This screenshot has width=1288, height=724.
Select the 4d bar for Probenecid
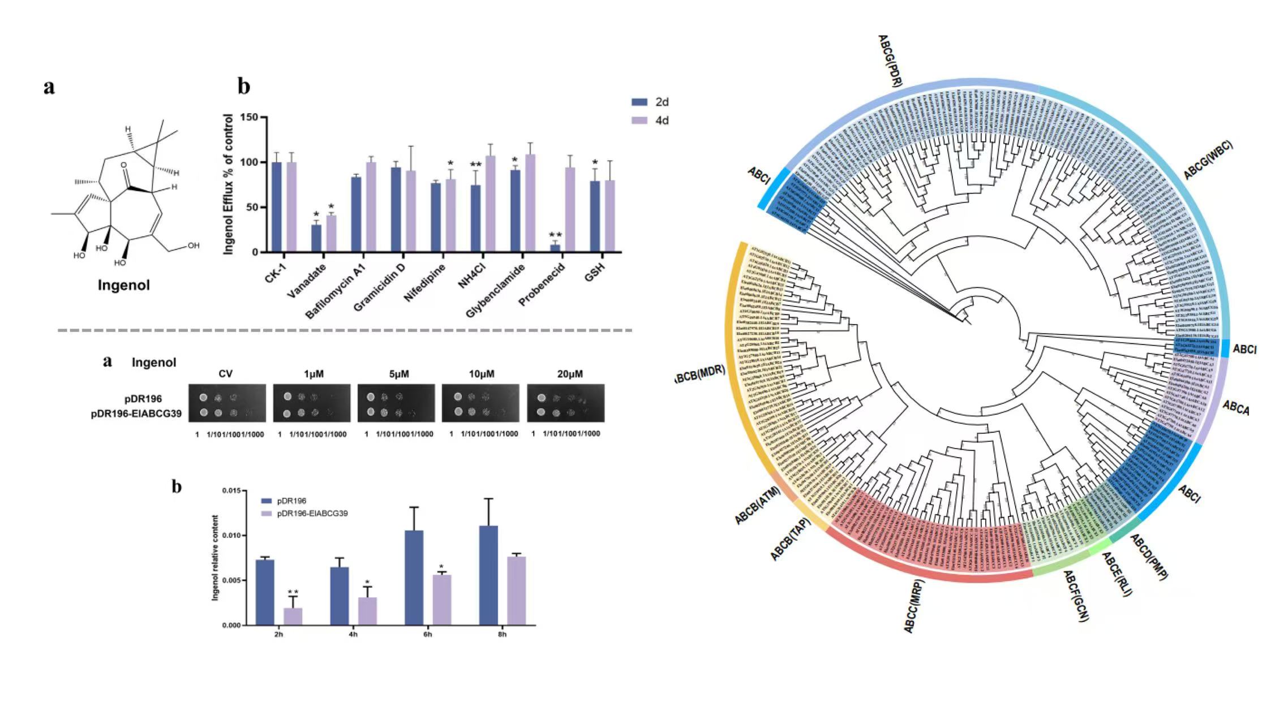[x=570, y=210]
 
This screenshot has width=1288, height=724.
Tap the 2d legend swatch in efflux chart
[x=639, y=102]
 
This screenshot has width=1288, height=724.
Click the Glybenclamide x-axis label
[x=496, y=290]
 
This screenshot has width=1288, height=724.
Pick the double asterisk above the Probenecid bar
[x=555, y=235]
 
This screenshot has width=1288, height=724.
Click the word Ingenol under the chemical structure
[x=124, y=285]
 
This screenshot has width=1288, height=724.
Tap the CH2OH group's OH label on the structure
[x=194, y=245]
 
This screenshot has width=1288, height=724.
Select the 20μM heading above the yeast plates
[x=569, y=374]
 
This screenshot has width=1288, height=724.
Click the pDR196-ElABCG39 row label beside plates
[x=136, y=413]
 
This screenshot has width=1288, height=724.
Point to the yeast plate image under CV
[x=227, y=403]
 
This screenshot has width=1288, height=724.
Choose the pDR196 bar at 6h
[x=414, y=577]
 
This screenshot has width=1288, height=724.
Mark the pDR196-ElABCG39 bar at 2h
[x=293, y=616]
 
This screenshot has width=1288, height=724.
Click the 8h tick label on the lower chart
[x=502, y=634]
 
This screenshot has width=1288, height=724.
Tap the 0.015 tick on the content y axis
[x=231, y=490]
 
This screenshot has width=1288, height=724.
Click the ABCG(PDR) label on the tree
[x=890, y=60]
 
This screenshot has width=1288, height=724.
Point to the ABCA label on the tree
[x=1236, y=408]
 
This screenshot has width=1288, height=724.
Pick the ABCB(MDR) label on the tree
[x=701, y=373]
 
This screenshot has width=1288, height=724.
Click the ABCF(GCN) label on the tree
[x=1076, y=596]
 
